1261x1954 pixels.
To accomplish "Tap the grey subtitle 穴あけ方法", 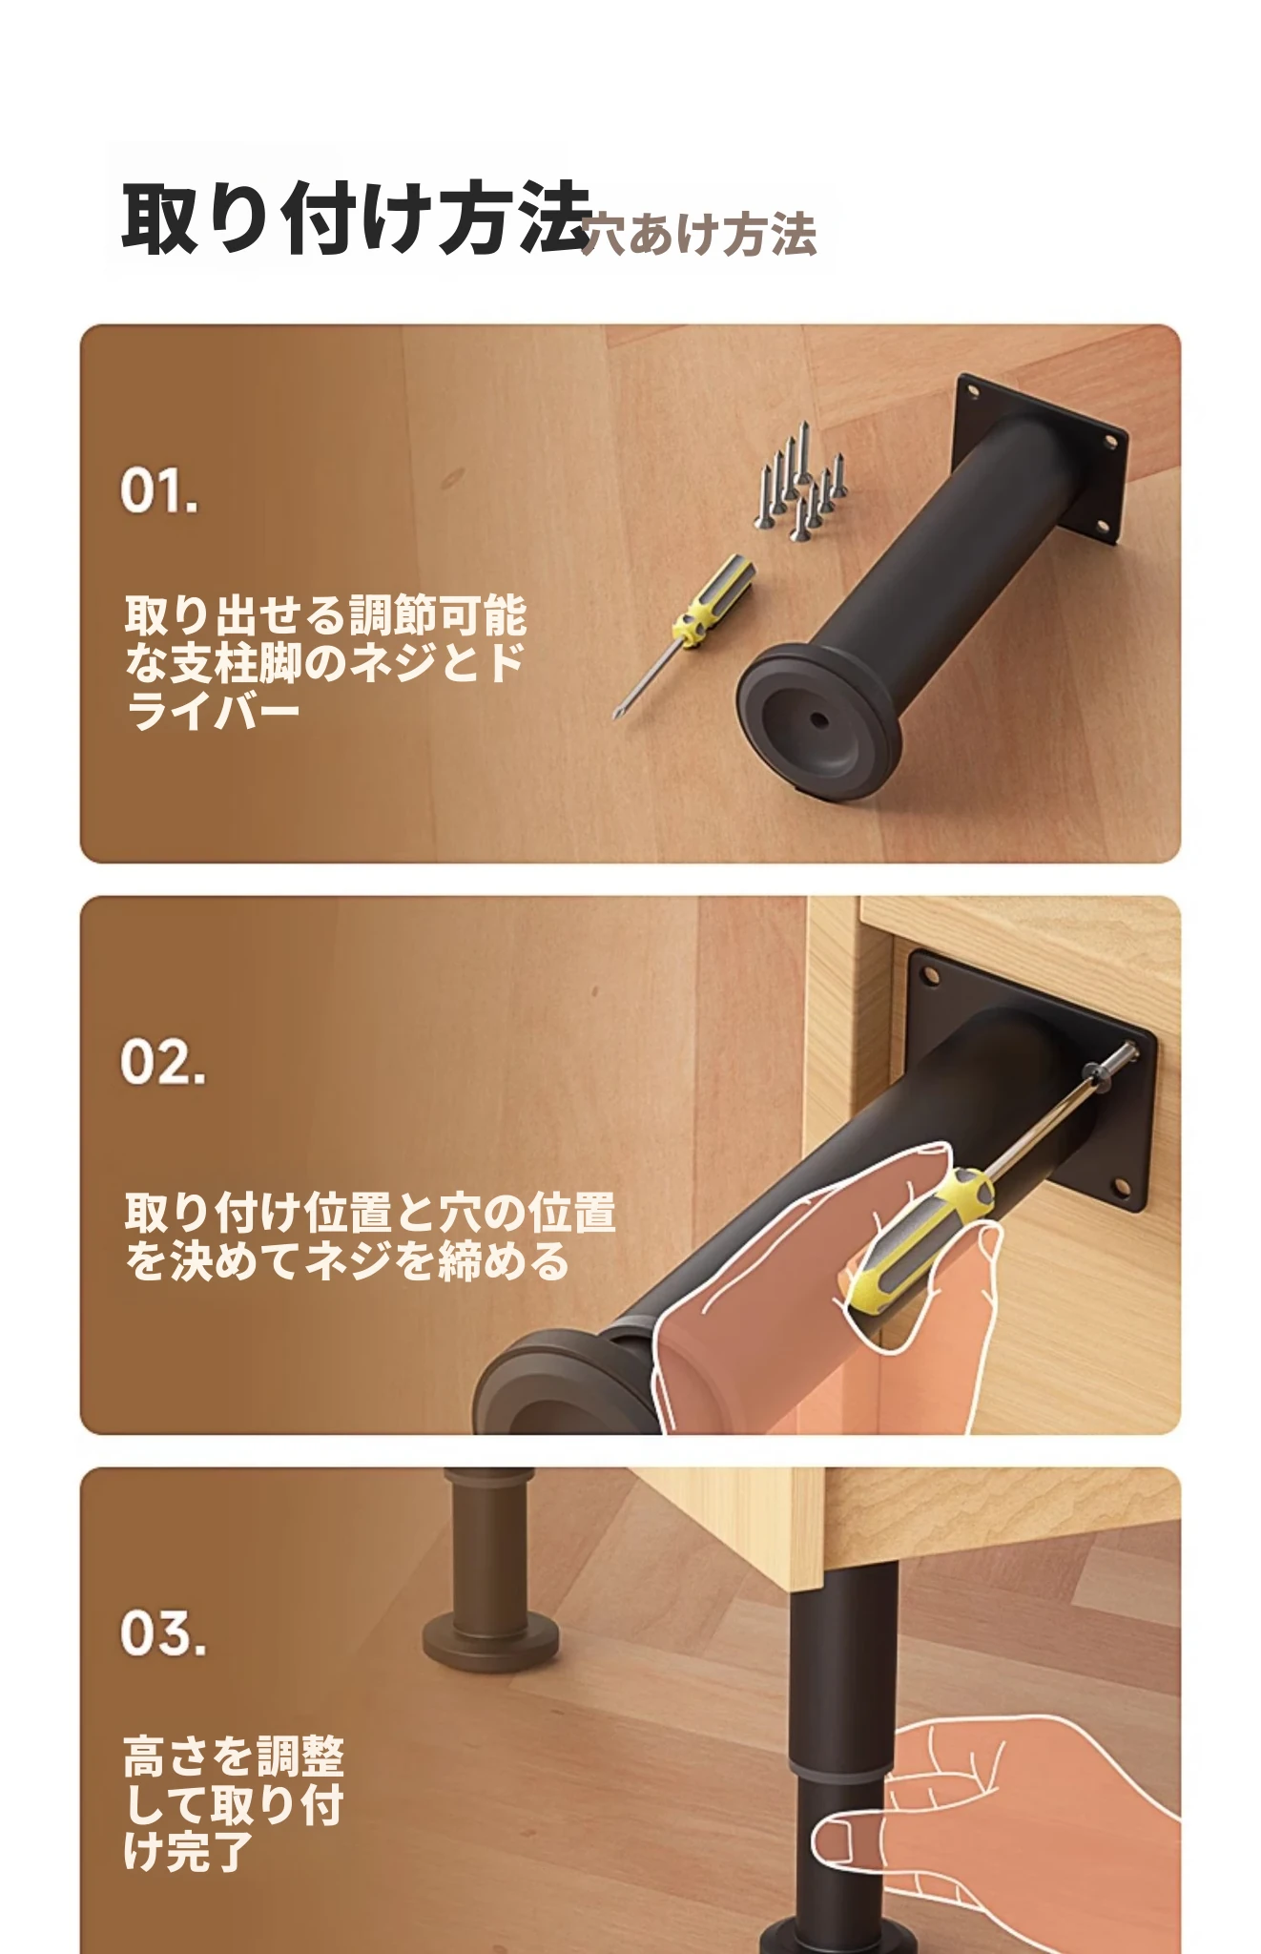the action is [698, 235].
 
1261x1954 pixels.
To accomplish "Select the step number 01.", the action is [159, 491].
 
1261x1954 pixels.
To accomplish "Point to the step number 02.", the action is [162, 1062].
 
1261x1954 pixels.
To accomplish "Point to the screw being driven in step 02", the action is [1111, 1066].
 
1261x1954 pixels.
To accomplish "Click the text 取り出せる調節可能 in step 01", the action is [325, 615].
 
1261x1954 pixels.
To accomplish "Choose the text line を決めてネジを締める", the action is [347, 1261].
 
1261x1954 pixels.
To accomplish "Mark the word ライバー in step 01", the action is [213, 711].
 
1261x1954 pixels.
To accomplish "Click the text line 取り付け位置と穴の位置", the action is [370, 1213].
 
